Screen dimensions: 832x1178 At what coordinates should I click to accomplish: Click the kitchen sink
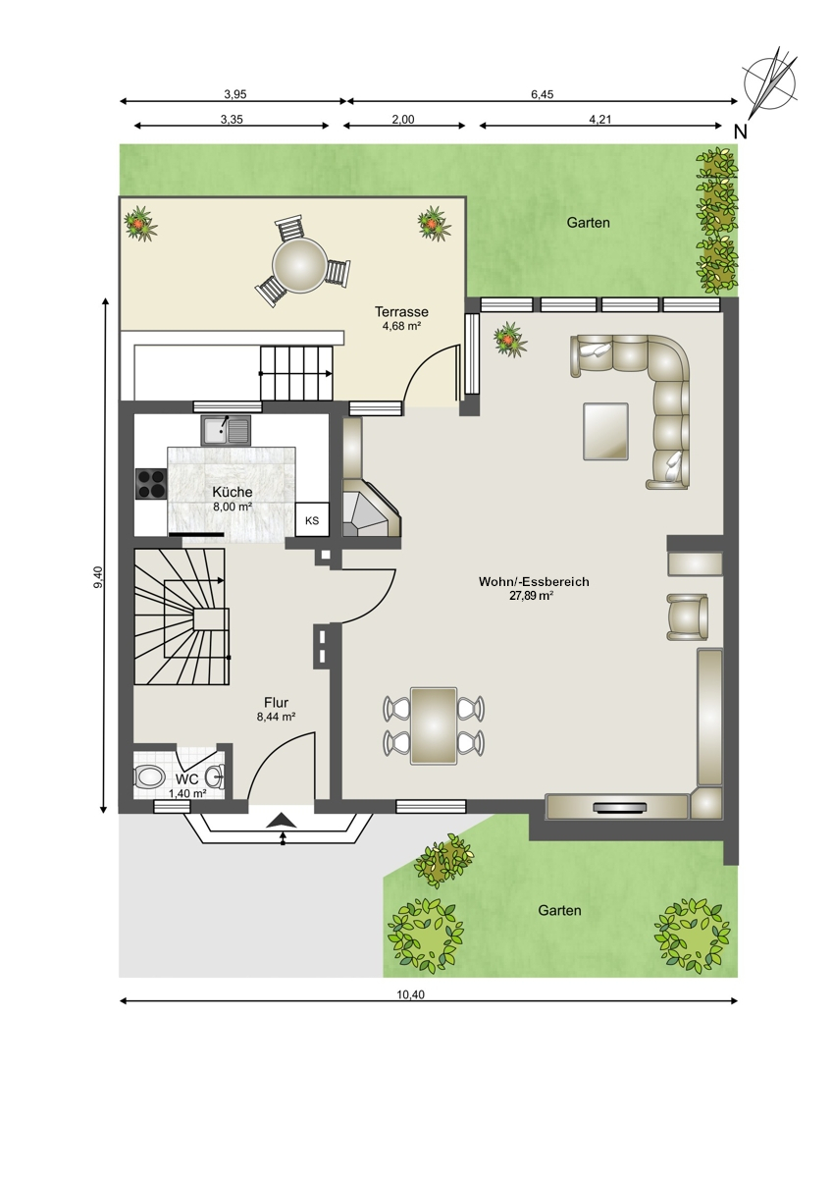pos(226,430)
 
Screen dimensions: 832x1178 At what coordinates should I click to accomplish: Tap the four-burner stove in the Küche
pos(151,483)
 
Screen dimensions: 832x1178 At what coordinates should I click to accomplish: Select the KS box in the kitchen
pos(312,520)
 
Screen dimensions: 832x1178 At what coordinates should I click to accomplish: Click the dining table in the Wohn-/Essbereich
pos(434,725)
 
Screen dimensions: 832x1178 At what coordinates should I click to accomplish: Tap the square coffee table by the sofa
pos(605,431)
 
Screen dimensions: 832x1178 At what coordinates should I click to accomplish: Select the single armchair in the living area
pos(687,616)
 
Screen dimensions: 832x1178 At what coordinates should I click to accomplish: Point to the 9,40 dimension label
pos(98,576)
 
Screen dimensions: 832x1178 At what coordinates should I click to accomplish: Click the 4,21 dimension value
pos(599,120)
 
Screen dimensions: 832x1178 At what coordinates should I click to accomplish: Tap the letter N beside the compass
pos(740,132)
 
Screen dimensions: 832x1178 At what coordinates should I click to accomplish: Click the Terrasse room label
pos(401,312)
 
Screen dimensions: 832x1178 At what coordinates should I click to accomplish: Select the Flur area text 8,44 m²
pos(276,717)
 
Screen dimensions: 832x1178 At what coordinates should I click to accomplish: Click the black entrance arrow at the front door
pos(282,820)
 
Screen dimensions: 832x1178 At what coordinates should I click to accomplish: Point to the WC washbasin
pos(215,776)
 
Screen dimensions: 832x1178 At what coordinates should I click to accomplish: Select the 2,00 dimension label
pos(403,120)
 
